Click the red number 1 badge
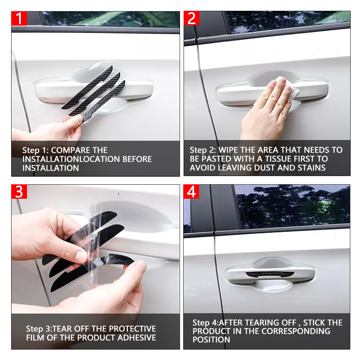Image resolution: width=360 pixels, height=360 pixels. pyautogui.click(x=19, y=18)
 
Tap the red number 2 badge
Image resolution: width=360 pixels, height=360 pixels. pyautogui.click(x=192, y=18)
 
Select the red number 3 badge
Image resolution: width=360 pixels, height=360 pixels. pyautogui.click(x=19, y=192)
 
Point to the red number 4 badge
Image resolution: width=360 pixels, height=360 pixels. pyautogui.click(x=191, y=192)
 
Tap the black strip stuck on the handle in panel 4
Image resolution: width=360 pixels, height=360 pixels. pyautogui.click(x=270, y=274)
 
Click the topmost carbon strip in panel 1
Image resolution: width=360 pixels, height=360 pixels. pyautogui.click(x=87, y=87)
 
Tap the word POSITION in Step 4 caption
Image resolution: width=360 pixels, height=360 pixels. pyautogui.click(x=211, y=340)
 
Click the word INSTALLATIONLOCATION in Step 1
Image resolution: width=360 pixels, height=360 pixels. pyautogui.click(x=87, y=159)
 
